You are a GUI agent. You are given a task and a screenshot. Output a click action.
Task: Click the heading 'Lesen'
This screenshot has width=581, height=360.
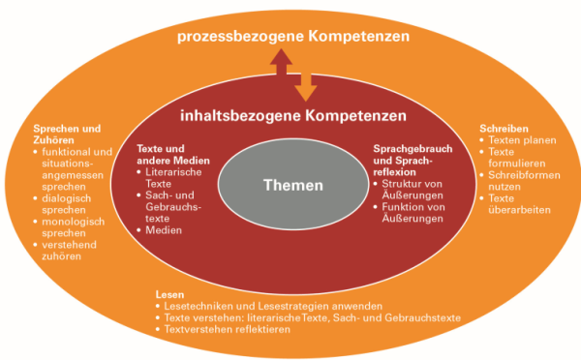click(168, 293)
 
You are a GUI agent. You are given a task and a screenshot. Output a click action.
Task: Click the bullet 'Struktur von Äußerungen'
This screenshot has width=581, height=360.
click(411, 188)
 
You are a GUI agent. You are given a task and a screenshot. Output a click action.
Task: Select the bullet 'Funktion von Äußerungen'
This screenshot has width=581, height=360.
click(411, 212)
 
